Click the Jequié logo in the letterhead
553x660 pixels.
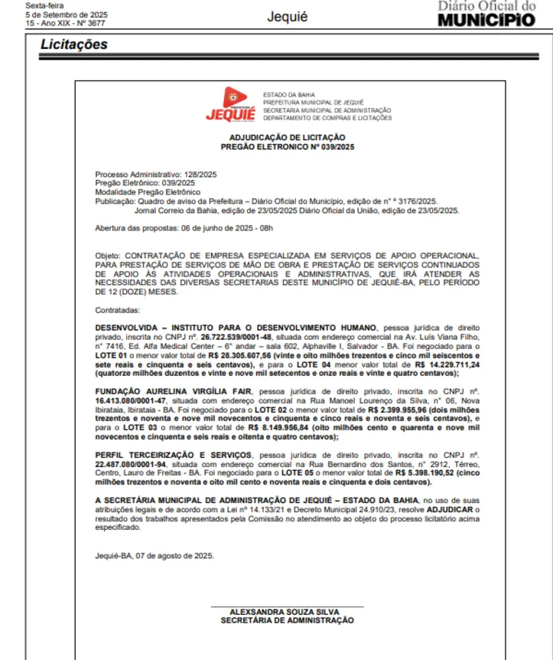[231, 104]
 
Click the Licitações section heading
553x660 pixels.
[74, 45]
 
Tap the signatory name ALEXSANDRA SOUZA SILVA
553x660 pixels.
[287, 612]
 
